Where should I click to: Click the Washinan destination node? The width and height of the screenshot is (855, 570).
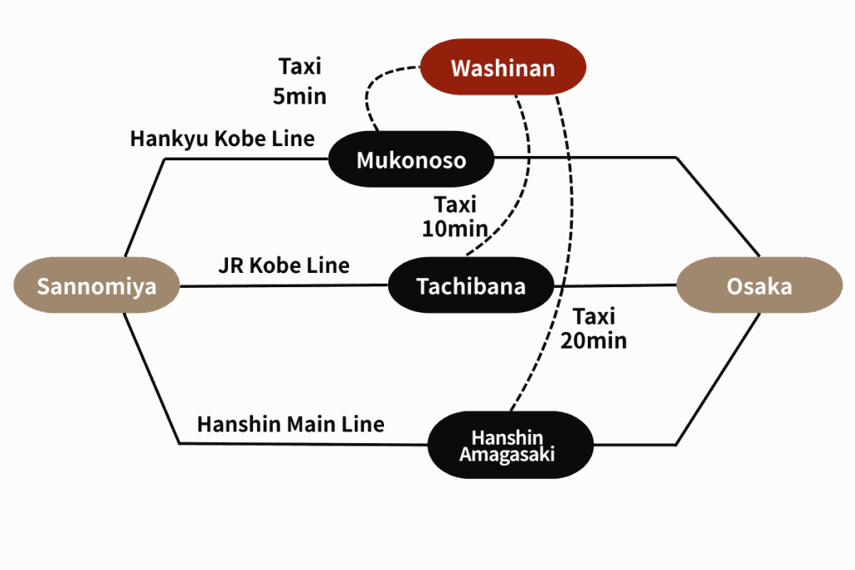[502, 68]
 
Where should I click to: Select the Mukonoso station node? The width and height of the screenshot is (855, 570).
[411, 159]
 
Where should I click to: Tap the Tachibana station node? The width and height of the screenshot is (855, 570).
[471, 286]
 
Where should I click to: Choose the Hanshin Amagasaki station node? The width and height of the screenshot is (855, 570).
[509, 446]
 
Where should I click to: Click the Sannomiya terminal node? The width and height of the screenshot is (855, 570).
[97, 286]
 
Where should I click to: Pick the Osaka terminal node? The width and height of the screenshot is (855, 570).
[758, 286]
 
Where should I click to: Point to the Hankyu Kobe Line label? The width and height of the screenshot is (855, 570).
[222, 139]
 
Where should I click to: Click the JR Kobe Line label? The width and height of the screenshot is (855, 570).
[283, 266]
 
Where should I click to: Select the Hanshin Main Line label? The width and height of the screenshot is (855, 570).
[291, 425]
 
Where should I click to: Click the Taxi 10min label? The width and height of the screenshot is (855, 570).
[455, 216]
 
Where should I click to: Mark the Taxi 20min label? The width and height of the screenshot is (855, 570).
[594, 329]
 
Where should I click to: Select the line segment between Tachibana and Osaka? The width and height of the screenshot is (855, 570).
[615, 286]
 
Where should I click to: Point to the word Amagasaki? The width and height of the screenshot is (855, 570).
[507, 456]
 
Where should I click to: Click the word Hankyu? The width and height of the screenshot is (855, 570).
[169, 139]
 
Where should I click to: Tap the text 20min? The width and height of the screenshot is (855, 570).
[594, 340]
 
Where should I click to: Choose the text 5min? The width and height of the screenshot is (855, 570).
[300, 96]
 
